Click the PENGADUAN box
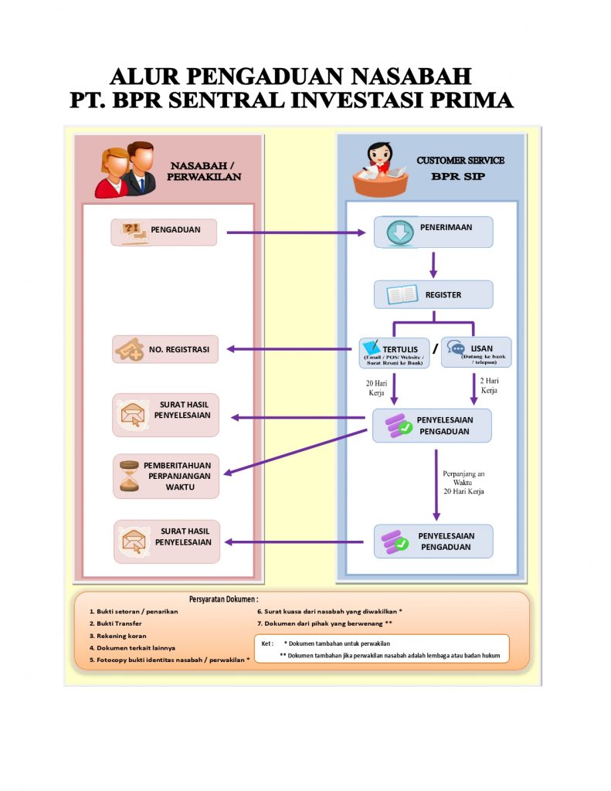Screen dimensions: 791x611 tap(164, 232)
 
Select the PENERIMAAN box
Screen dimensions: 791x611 tap(433, 232)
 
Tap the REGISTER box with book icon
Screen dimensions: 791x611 tap(433, 294)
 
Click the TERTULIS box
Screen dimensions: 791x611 tap(394, 352)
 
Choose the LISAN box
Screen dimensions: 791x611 tap(476, 352)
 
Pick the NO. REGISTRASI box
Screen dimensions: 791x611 tap(165, 349)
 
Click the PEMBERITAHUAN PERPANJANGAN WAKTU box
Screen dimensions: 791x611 tap(166, 476)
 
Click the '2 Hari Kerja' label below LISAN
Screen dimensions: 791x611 tap(488, 385)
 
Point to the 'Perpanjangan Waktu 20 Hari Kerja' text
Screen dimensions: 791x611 tap(463, 482)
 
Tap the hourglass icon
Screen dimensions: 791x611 tap(129, 476)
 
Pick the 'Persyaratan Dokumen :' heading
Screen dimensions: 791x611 tap(223, 599)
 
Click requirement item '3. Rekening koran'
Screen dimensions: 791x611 tap(117, 636)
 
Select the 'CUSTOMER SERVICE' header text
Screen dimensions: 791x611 tap(460, 161)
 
